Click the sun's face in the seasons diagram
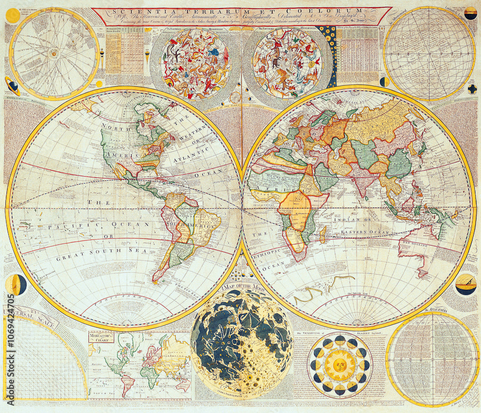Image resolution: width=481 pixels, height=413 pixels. point(340,365)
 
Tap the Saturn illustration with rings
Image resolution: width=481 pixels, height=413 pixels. point(13,86)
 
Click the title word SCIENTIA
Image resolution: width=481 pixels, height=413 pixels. point(130,11)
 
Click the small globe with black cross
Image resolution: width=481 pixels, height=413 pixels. point(472,89)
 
